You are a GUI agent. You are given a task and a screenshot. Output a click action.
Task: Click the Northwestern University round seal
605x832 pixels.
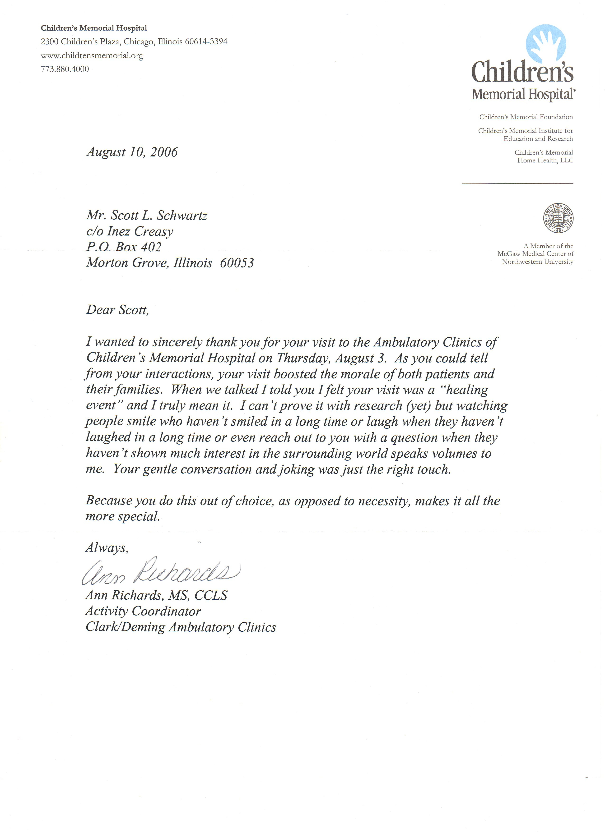click(x=558, y=218)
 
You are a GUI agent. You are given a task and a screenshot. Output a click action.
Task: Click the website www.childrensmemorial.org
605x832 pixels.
click(x=92, y=55)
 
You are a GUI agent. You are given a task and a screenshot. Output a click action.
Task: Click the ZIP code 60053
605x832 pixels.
click(x=237, y=263)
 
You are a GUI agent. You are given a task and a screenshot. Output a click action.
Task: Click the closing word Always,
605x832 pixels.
click(x=107, y=548)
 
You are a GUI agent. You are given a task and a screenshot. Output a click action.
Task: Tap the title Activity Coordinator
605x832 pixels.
click(x=143, y=611)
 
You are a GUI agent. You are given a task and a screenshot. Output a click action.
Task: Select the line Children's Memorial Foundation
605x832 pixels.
click(x=526, y=117)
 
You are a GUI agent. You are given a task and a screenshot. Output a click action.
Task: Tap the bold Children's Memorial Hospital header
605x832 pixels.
click(x=94, y=28)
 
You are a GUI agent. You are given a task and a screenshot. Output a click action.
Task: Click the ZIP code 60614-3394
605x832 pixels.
click(x=206, y=41)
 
